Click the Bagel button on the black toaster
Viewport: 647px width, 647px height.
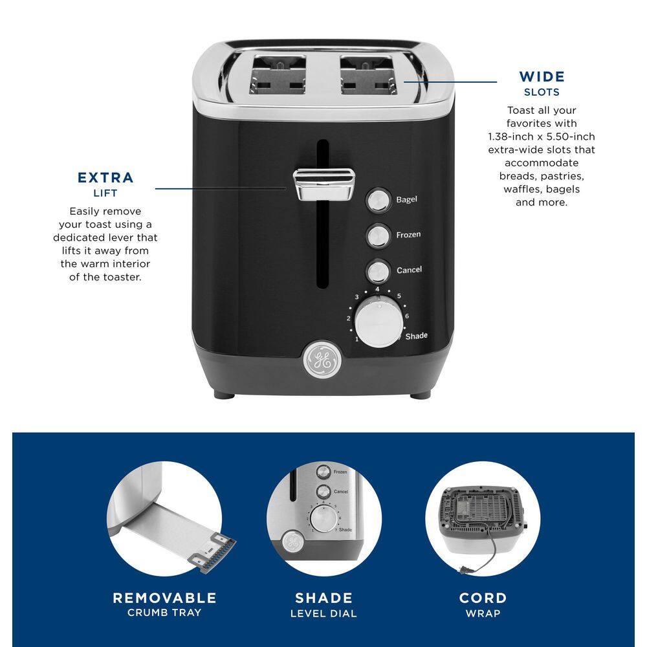(378, 201)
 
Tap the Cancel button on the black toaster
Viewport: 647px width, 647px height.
(378, 271)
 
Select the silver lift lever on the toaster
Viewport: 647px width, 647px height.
(324, 184)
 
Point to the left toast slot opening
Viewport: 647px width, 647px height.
(278, 75)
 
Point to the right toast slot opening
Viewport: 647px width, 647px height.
(369, 75)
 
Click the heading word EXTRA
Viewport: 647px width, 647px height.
(105, 178)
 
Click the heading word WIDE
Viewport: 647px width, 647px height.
(542, 77)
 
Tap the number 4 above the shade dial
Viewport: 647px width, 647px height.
(377, 289)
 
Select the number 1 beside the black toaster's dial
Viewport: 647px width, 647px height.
(357, 339)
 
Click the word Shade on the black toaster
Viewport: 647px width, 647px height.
(416, 336)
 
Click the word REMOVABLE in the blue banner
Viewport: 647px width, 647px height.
(164, 598)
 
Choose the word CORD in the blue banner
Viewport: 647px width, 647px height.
(483, 598)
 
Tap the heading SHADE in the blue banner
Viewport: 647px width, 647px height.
(324, 598)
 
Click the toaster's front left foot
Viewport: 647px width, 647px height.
(225, 395)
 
